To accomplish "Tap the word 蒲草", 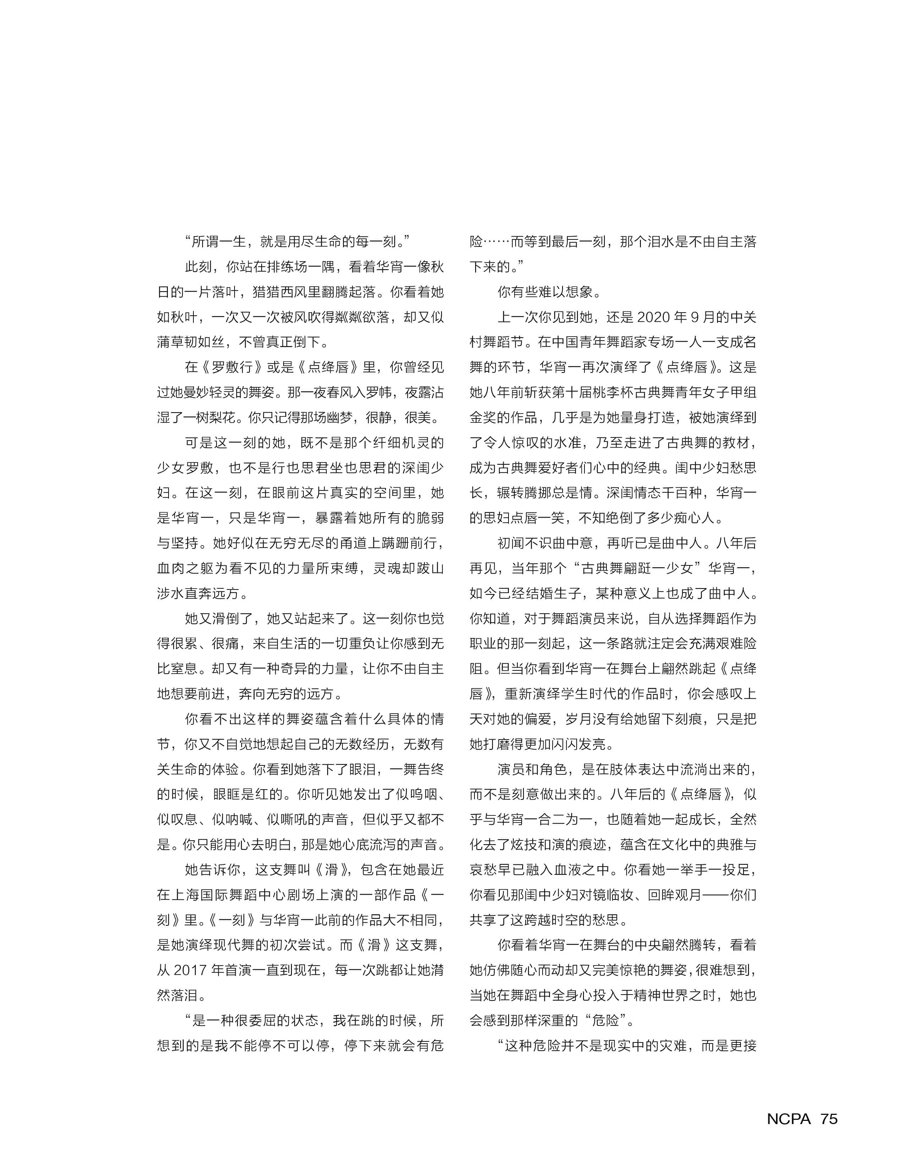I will pos(171,342).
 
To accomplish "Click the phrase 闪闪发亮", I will pos(578,744).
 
